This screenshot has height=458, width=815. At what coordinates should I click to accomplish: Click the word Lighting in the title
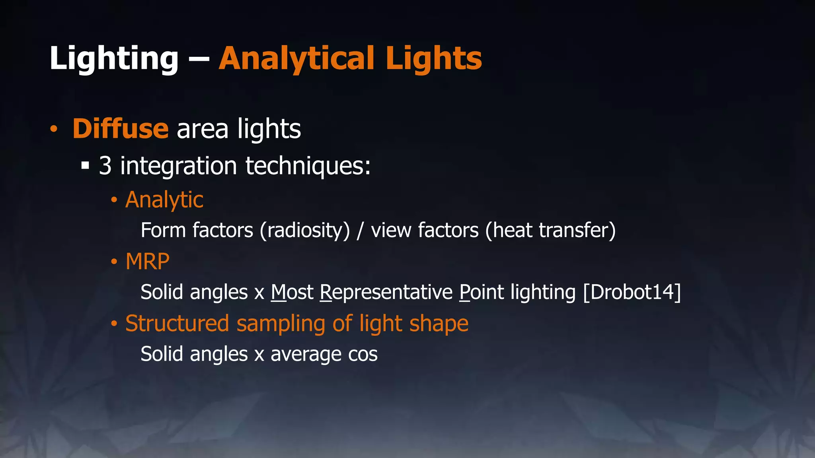[x=114, y=59]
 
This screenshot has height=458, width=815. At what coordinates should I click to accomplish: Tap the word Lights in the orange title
[x=433, y=59]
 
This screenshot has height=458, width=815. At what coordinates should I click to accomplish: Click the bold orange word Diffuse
[x=120, y=129]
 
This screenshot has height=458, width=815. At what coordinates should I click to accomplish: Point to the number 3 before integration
[x=105, y=166]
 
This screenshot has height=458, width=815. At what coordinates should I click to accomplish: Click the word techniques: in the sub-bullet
[x=308, y=166]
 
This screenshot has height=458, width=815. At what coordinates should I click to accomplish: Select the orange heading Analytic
[x=164, y=200]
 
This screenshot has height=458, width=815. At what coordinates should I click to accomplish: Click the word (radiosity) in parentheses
[x=305, y=231]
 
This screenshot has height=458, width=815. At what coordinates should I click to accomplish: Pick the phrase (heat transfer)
[x=550, y=231]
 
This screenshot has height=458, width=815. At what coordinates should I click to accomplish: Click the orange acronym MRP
[x=147, y=262]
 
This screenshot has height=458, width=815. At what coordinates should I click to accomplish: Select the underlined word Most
[x=292, y=292]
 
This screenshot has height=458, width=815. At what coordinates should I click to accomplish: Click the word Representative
[x=386, y=293]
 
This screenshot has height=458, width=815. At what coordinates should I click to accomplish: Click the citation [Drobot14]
[x=632, y=292]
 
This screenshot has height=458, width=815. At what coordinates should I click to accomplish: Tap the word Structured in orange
[x=177, y=323]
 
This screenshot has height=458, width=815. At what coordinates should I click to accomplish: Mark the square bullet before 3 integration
[x=85, y=165]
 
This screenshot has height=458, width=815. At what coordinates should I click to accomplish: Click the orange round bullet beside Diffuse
[x=54, y=129]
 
